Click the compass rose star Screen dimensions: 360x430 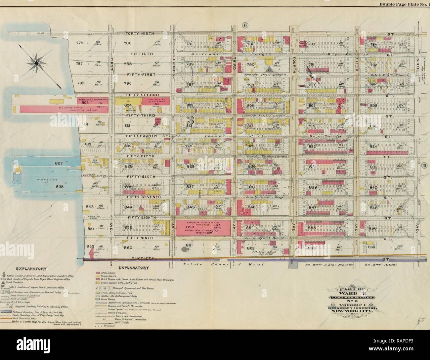click(x=35, y=62)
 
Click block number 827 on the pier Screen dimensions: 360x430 click(x=59, y=163)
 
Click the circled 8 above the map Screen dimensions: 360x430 click(x=245, y=25)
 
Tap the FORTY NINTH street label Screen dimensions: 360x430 click(x=139, y=34)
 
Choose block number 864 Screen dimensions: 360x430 click(x=372, y=247)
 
